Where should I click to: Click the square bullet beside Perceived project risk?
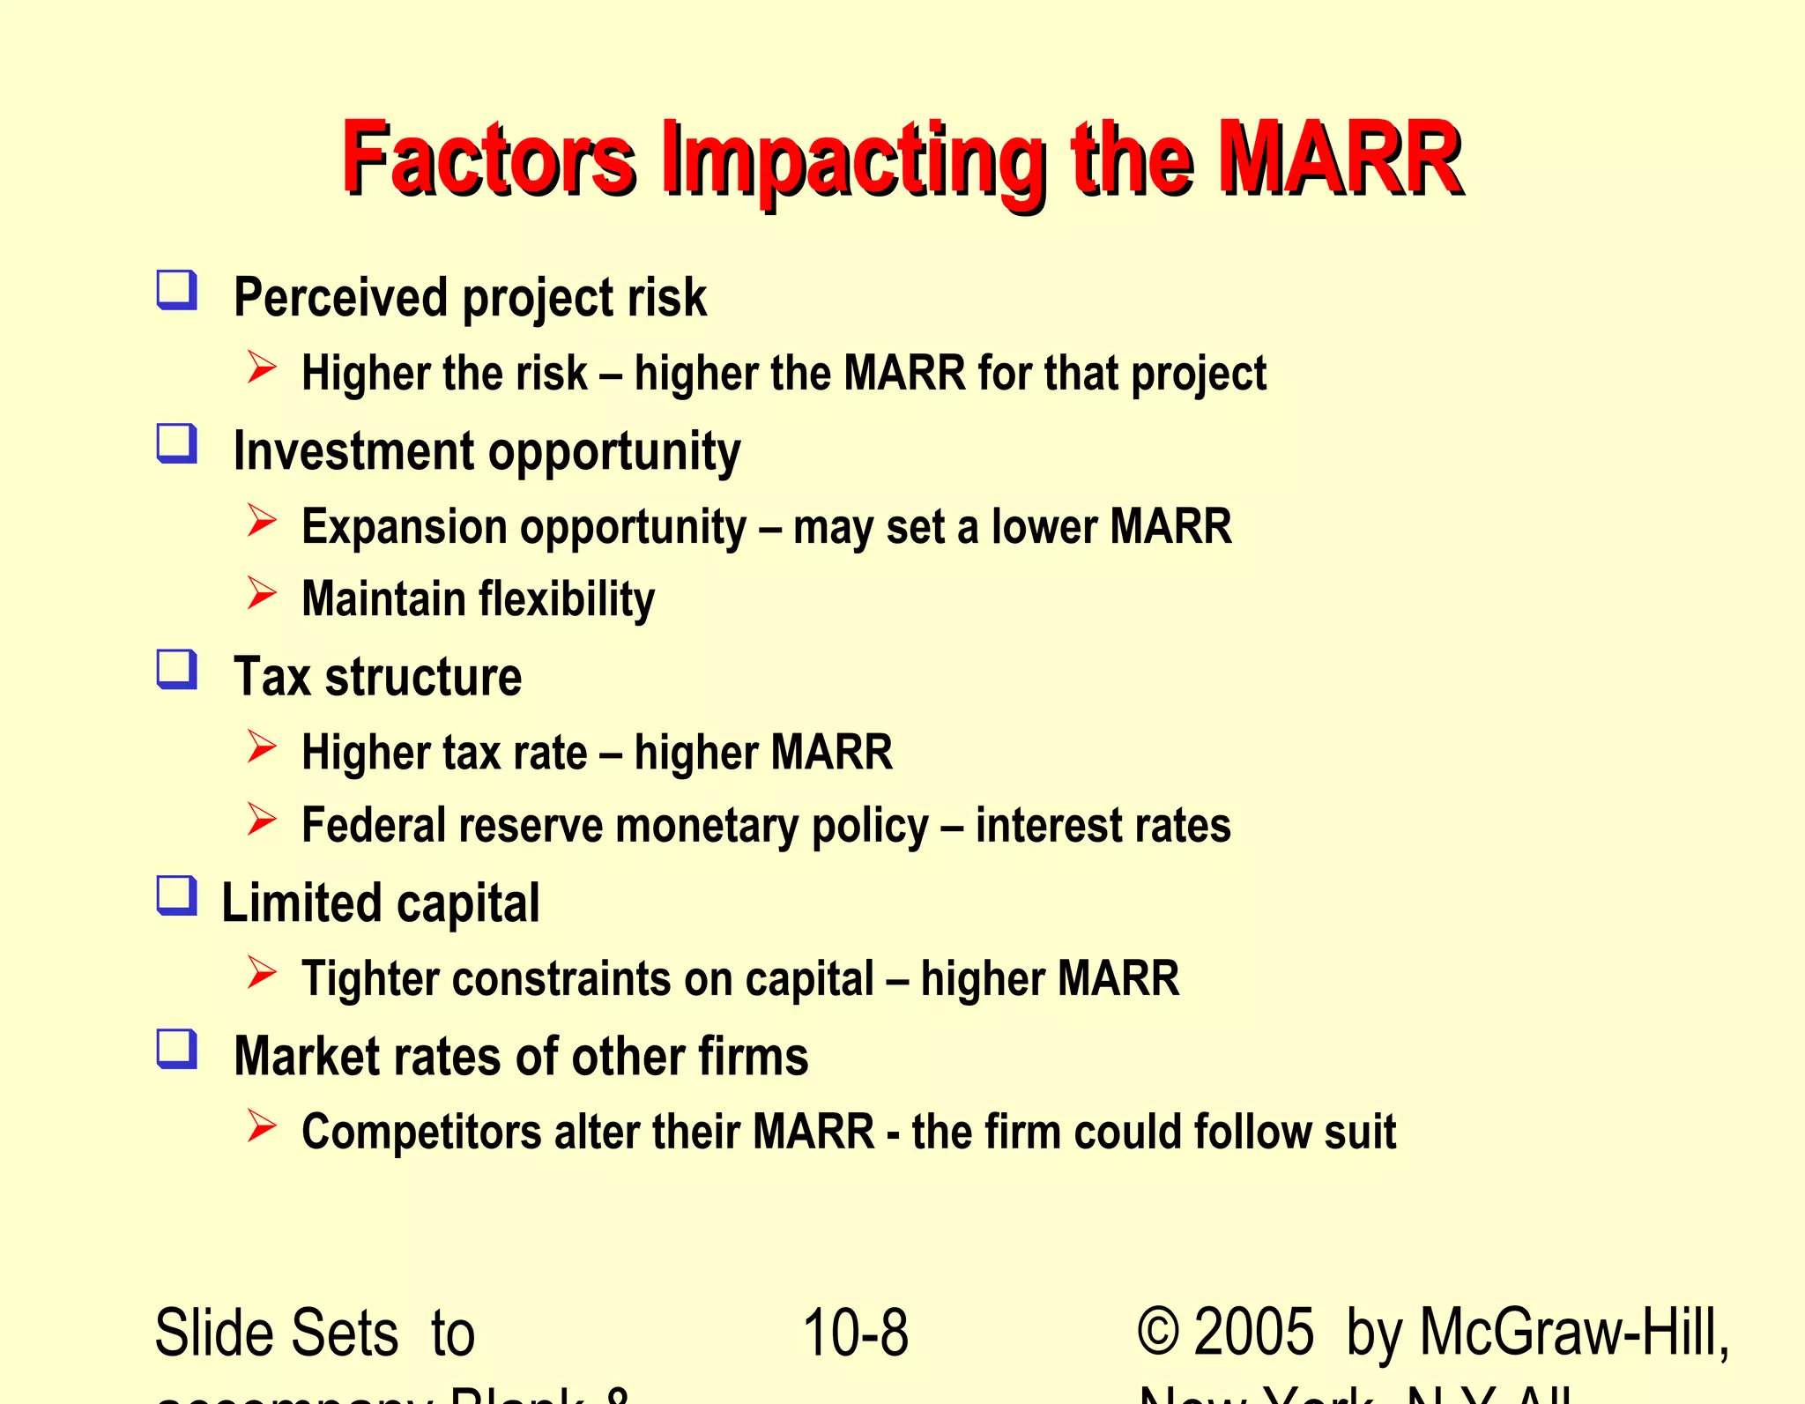click(x=176, y=290)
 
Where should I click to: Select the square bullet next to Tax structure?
click(x=176, y=669)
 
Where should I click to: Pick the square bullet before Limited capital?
click(x=176, y=895)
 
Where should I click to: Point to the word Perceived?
click(x=341, y=297)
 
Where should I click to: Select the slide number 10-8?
click(x=855, y=1333)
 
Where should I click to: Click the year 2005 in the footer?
click(x=1253, y=1333)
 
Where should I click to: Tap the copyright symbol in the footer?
click(x=1158, y=1333)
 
